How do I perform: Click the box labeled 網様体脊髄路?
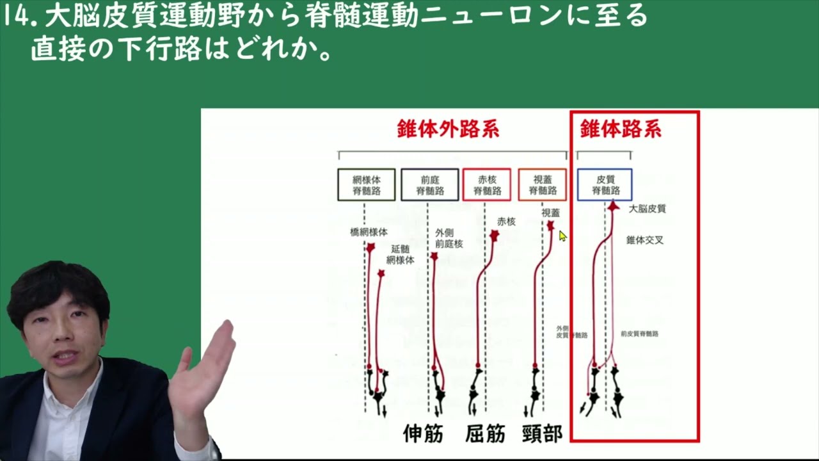click(366, 184)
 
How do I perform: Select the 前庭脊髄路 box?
click(430, 184)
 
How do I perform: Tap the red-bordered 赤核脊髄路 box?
click(486, 184)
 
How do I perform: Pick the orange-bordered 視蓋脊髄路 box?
click(542, 184)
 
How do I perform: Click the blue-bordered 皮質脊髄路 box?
click(605, 184)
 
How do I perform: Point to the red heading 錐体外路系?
click(448, 130)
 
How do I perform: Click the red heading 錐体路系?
click(621, 130)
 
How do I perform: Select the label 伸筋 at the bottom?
click(423, 433)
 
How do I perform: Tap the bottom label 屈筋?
click(485, 433)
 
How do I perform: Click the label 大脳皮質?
click(648, 209)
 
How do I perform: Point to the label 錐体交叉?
click(644, 240)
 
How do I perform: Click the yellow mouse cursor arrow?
click(562, 236)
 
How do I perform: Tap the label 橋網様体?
click(369, 232)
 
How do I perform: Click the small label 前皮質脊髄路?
click(639, 334)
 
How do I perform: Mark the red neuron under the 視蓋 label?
click(550, 225)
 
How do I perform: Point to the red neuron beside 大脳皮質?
click(613, 207)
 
